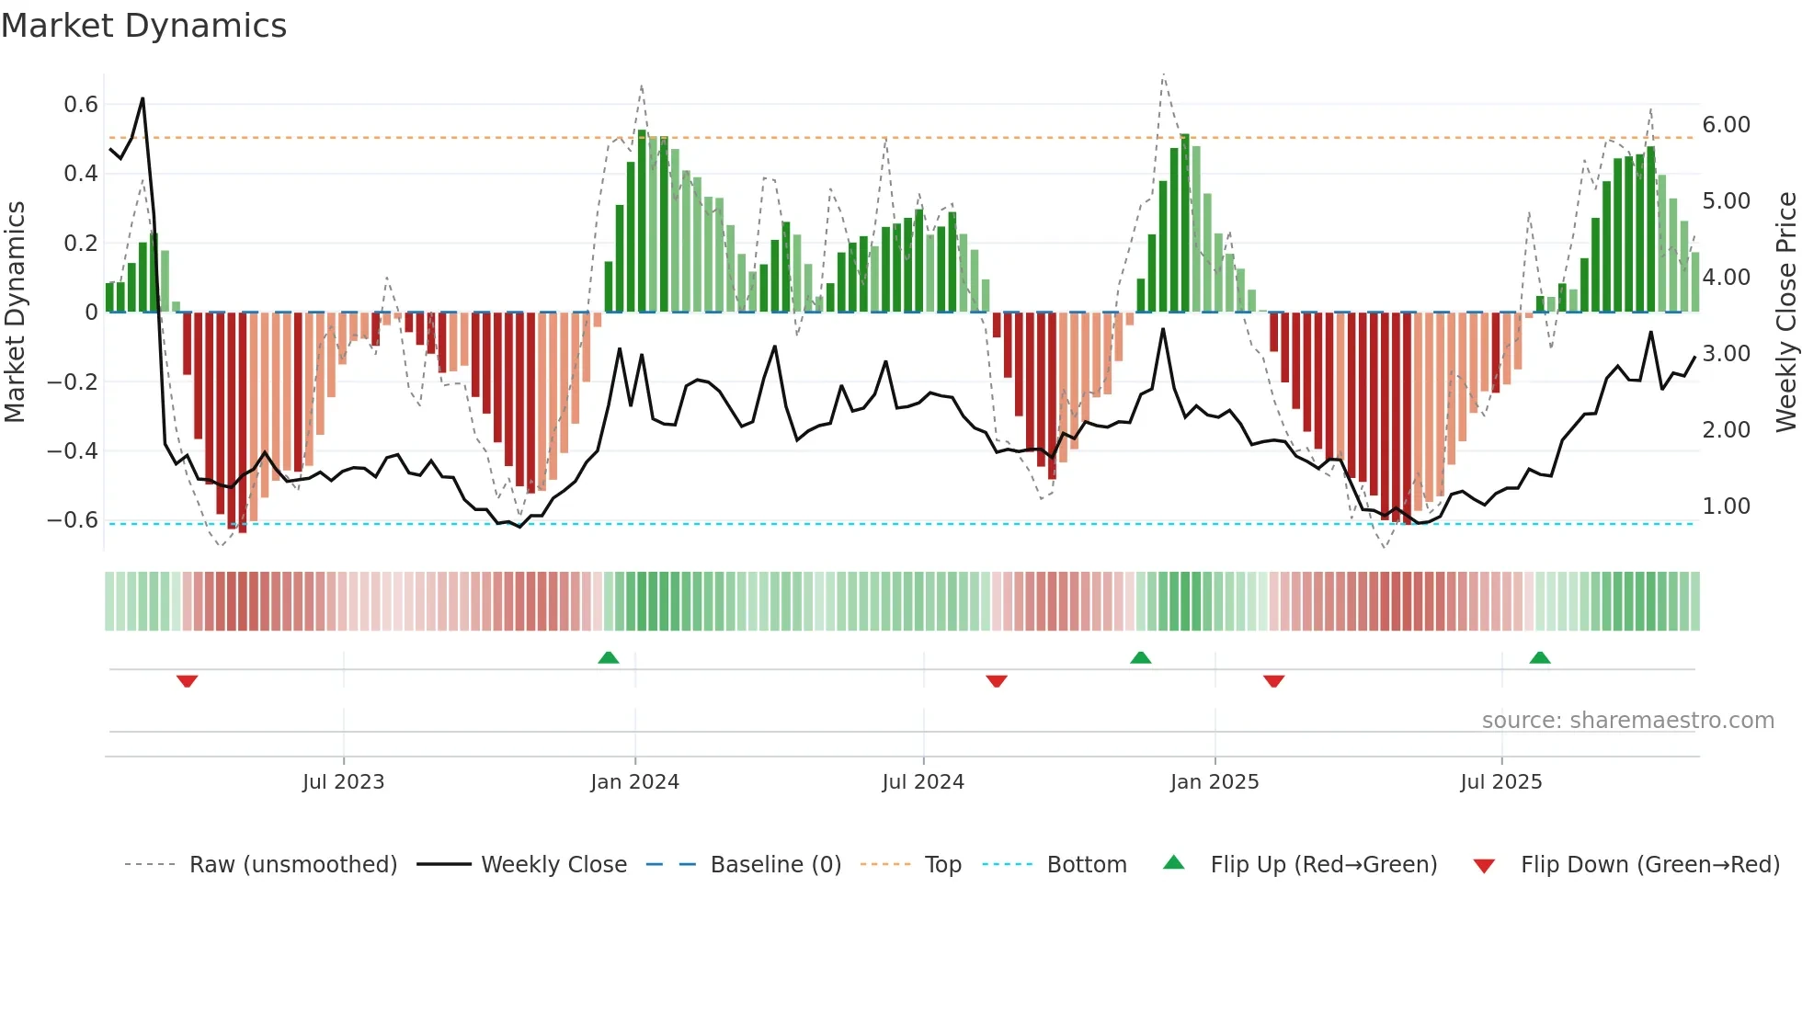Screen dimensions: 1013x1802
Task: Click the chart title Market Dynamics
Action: pos(143,26)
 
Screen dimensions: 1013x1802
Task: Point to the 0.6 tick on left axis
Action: pos(80,105)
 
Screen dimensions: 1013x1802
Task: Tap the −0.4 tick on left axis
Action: pos(72,451)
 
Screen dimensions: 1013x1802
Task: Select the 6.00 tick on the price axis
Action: pos(1726,125)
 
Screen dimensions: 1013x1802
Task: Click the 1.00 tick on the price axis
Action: pos(1726,506)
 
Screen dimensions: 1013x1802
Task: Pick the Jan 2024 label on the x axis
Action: pos(634,782)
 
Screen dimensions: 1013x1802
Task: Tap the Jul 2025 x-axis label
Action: pos(1500,782)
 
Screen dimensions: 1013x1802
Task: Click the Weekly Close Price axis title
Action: pos(1785,313)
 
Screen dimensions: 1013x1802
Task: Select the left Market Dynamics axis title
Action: pos(15,313)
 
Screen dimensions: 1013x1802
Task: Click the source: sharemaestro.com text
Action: pos(1627,721)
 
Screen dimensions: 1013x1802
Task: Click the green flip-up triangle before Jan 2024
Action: pos(608,657)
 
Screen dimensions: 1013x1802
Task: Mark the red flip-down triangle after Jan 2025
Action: pos(1273,681)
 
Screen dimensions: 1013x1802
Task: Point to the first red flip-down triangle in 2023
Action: pos(187,681)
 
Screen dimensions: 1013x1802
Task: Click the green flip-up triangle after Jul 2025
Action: pos(1540,657)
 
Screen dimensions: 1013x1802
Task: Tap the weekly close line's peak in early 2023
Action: pos(143,98)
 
